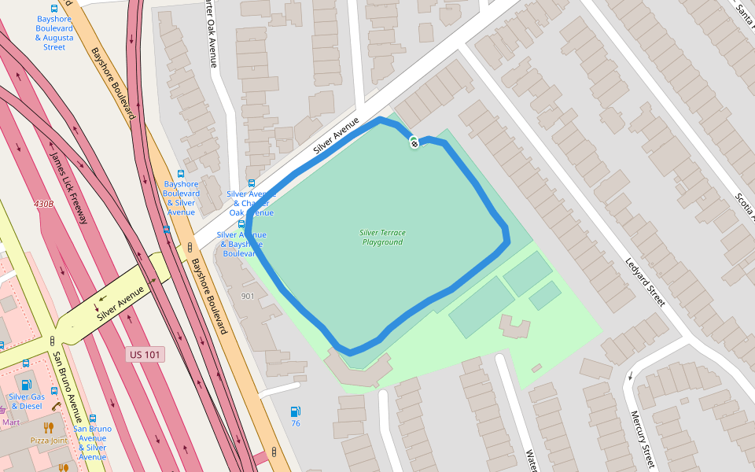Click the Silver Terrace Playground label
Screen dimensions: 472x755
coord(381,237)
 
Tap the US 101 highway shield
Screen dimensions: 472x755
coord(146,355)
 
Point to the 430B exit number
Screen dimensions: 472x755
coord(44,204)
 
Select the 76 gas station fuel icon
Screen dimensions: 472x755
coord(295,411)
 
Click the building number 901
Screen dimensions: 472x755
coord(248,296)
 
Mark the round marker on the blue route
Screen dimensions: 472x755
coord(414,142)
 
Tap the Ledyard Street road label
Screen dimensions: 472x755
coord(646,282)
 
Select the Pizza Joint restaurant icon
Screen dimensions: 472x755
coord(49,427)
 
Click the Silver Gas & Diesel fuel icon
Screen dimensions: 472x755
coord(26,385)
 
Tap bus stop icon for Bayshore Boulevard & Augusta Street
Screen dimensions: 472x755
coord(54,8)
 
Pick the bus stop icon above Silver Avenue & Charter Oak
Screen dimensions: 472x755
coord(252,183)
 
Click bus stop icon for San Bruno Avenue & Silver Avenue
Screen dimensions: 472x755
coord(93,419)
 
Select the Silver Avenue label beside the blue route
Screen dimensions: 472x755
coord(336,135)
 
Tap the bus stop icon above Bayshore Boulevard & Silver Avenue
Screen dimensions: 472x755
coord(181,174)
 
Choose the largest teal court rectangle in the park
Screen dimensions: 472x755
coord(481,307)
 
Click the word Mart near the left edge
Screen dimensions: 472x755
coord(10,422)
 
